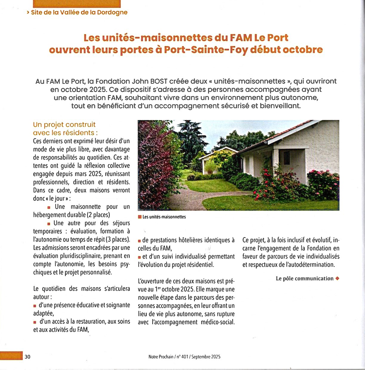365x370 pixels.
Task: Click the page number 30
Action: (27, 357)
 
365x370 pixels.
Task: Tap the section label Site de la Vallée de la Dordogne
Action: (79, 13)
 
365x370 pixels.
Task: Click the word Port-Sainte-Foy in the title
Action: (206, 50)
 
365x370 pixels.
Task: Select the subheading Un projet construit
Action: (64, 124)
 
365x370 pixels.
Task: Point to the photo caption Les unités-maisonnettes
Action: (164, 217)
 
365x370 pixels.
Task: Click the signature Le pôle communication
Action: (304, 278)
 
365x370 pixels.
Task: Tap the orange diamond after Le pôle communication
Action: (338, 278)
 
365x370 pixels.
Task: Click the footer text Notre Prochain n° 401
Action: (184, 357)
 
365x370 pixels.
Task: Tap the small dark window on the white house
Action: (286, 158)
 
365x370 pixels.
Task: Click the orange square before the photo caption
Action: (140, 217)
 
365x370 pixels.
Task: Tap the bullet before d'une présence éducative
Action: (35, 306)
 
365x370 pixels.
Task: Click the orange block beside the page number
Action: (11, 356)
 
